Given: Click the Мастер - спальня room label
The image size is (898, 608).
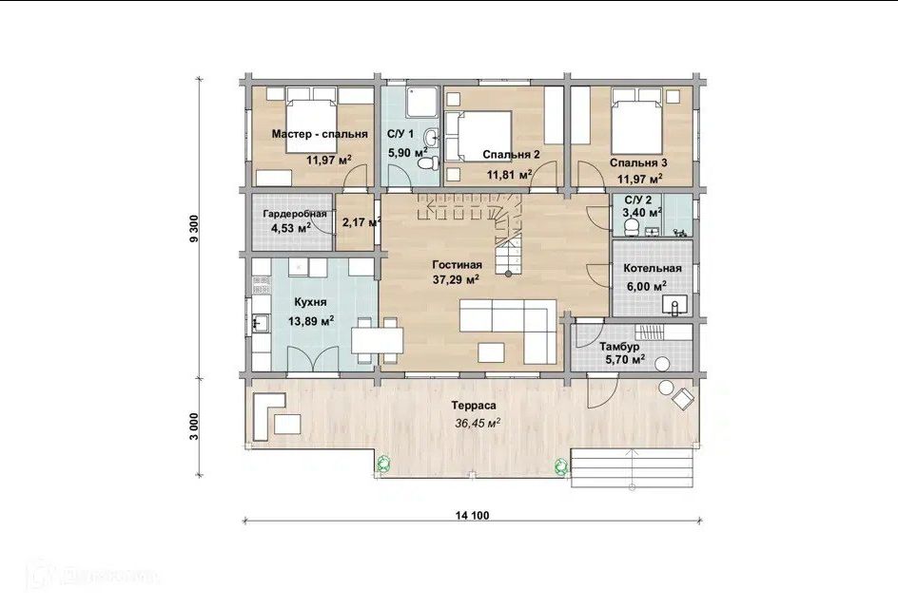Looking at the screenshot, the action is pos(320,134).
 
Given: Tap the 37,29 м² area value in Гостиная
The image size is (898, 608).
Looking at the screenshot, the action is pos(456,279).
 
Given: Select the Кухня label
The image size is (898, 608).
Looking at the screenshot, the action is pos(310,302).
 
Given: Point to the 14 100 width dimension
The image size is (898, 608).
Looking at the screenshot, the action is pos(473,515).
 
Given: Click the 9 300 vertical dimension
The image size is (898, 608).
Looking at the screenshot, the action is pos(194,228).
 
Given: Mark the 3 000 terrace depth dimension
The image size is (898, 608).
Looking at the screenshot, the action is pos(194,427).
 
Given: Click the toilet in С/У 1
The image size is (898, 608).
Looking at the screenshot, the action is pos(428,163).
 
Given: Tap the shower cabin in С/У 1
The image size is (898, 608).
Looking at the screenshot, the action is pos(422,103).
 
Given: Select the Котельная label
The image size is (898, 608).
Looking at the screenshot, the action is pos(653,268).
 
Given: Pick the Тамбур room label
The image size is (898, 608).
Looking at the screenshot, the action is pos(619,347).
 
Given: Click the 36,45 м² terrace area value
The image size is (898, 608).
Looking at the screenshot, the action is pos(478,424).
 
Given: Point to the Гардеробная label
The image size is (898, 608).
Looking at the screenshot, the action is pos(294,214).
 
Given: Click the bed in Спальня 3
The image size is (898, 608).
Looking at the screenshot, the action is pos(637,122).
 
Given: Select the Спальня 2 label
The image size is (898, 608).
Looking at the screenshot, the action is pos(511,155).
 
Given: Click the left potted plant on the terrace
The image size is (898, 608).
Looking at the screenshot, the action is pos(383,463).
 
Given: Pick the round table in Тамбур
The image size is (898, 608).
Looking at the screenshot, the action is pos(663,364).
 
